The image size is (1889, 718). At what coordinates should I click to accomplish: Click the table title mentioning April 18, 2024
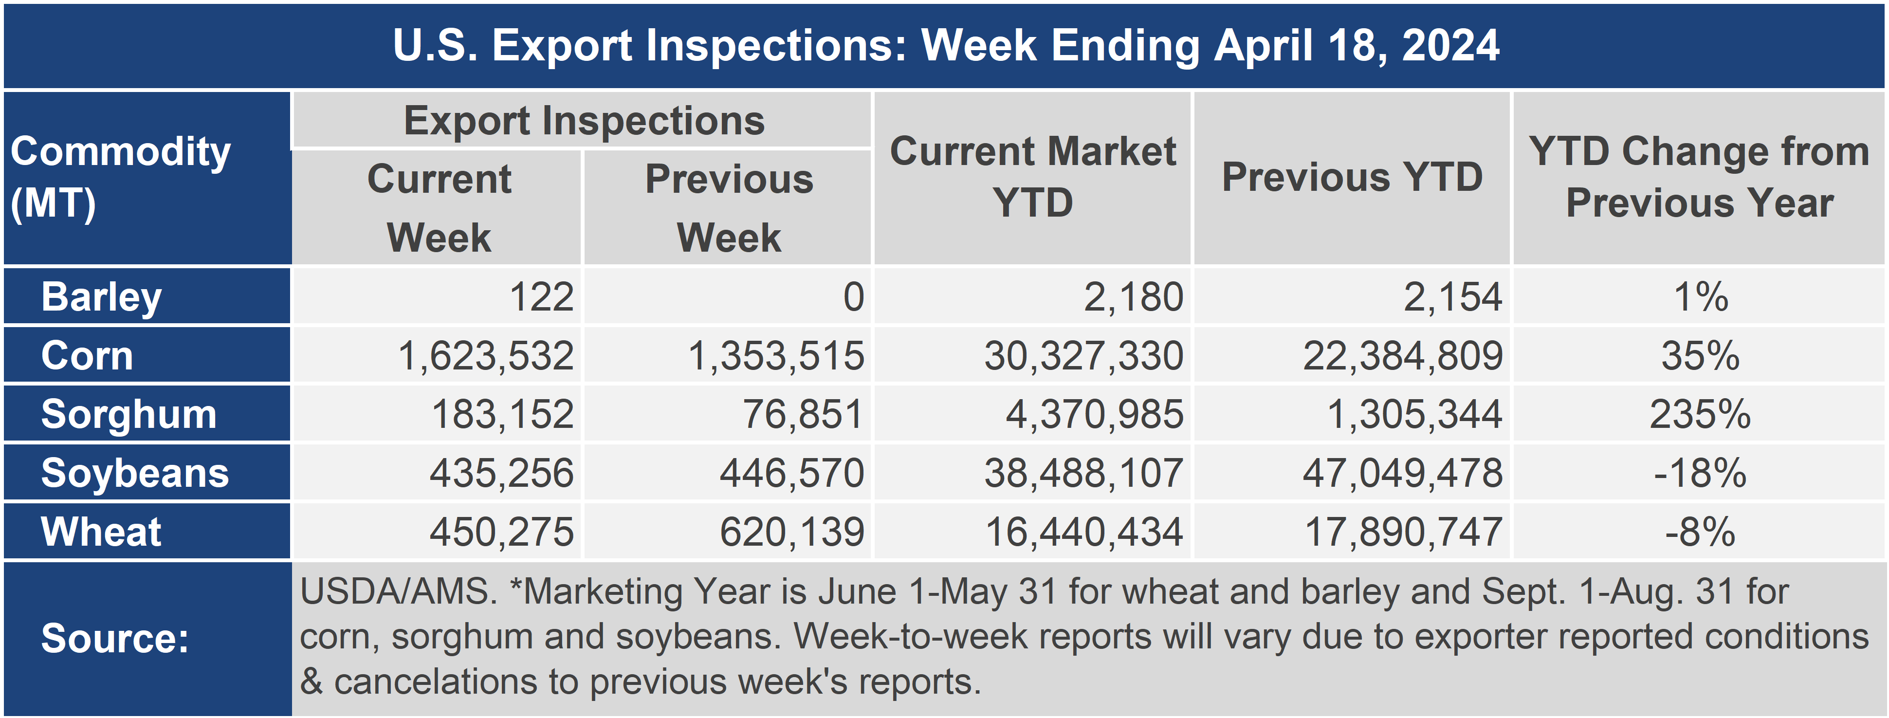click(x=946, y=45)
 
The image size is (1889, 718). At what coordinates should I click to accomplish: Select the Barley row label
click(x=101, y=297)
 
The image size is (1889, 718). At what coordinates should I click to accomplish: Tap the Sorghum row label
click(x=129, y=414)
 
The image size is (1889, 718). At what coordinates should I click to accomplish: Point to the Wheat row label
click(x=101, y=532)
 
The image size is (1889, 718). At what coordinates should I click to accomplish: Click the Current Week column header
click(x=439, y=208)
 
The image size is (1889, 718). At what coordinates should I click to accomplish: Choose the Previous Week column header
click(x=729, y=208)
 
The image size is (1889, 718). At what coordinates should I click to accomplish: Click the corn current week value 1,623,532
click(x=485, y=356)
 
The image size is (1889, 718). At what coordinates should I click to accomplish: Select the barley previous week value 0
click(x=854, y=297)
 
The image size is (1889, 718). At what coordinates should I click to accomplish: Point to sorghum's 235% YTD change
click(x=1700, y=414)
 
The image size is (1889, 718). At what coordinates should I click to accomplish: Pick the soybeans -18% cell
click(x=1700, y=473)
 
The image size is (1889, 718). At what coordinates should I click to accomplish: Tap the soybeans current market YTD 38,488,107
click(x=1084, y=473)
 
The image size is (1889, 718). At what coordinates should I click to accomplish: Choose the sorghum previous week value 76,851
click(x=804, y=414)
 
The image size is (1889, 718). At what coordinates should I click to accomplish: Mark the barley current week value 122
click(x=541, y=297)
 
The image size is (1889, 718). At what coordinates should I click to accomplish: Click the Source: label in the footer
click(x=115, y=638)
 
